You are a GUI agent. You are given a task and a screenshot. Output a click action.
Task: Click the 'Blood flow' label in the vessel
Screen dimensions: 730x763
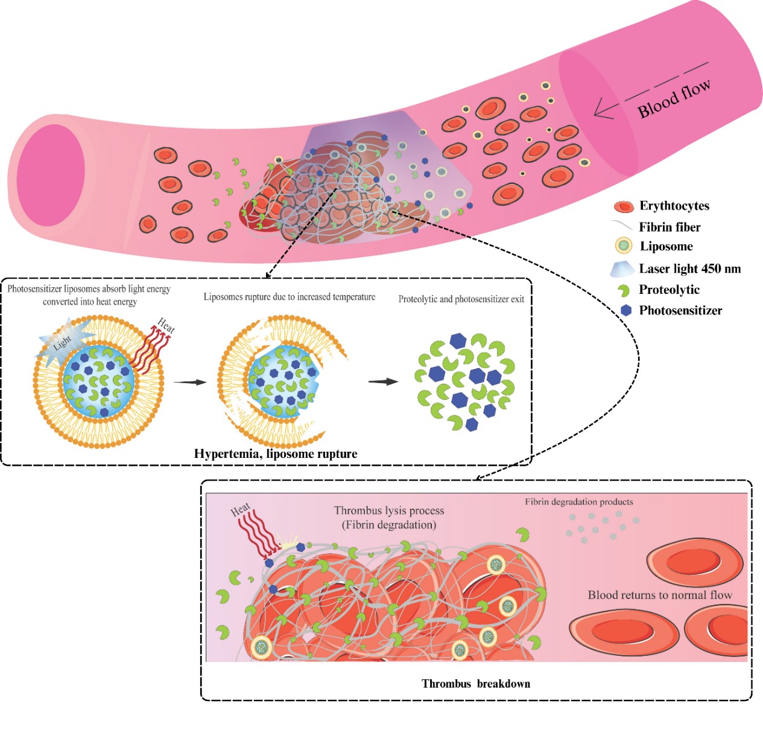pos(674,98)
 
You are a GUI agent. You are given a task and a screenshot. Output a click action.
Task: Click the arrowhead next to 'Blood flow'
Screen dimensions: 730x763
pos(598,111)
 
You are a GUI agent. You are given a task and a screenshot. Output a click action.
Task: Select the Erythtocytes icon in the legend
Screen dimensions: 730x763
pos(623,207)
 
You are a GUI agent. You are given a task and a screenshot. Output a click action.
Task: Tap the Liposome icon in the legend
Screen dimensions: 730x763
pos(623,246)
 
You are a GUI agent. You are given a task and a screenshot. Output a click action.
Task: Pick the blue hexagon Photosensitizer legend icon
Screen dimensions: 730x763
pos(627,310)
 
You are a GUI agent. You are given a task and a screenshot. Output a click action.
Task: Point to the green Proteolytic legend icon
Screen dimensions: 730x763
pos(624,290)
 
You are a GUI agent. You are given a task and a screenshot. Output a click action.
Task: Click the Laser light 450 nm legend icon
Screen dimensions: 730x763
pos(622,269)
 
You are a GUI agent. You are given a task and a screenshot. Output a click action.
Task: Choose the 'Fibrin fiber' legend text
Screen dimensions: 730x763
pos(670,227)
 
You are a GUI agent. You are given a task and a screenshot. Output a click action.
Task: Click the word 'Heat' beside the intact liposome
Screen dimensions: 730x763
pos(166,325)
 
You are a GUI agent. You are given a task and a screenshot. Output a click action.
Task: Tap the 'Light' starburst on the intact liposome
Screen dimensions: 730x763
pos(63,343)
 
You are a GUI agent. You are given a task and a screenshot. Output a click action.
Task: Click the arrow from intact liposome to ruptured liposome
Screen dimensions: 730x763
pos(189,382)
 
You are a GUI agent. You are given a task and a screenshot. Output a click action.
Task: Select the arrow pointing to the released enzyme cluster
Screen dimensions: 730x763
pos(383,381)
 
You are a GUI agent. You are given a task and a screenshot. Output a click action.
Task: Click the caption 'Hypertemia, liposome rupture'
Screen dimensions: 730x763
pos(276,454)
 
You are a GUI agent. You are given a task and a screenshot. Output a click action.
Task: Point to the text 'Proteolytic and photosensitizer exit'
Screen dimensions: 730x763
pos(461,299)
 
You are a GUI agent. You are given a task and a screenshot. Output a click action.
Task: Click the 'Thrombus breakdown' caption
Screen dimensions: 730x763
pos(476,684)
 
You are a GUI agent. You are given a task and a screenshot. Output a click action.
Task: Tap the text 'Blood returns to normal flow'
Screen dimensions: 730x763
pos(660,595)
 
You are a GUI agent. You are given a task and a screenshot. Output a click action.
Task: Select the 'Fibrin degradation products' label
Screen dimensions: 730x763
pos(578,502)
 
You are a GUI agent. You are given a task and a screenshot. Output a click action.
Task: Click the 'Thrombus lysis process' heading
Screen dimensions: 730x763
pos(389,511)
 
